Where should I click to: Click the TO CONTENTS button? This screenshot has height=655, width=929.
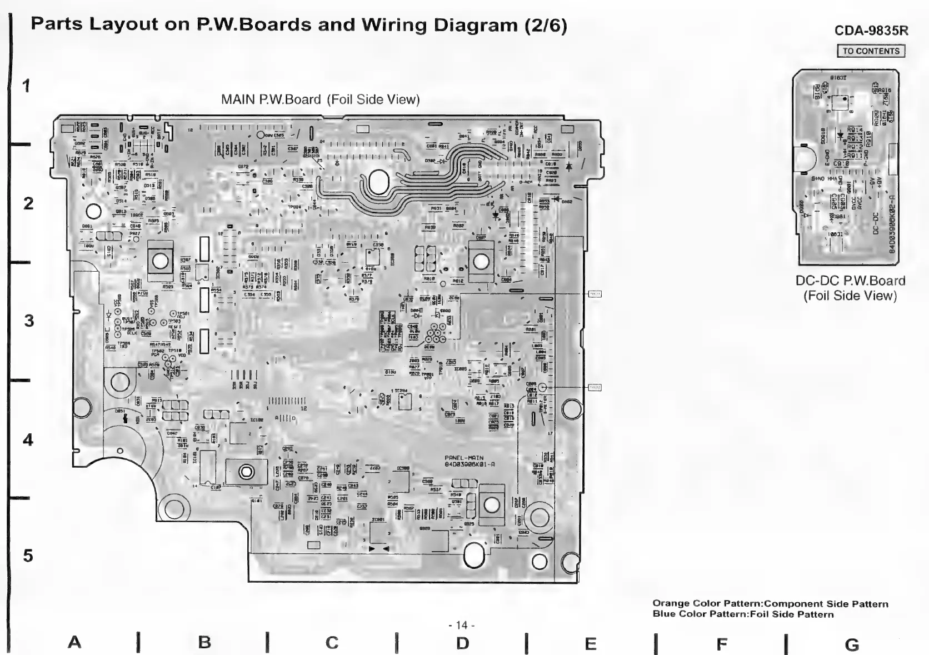871,51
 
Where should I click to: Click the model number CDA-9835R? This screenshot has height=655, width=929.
871,31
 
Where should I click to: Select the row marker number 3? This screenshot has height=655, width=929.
28,321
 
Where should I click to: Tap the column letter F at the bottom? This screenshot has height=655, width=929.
721,644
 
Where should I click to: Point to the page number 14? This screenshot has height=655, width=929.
461,625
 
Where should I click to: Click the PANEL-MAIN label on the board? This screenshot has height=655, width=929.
464,458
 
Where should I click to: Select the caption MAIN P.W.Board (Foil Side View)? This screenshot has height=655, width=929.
320,99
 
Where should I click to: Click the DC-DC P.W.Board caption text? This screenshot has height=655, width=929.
850,281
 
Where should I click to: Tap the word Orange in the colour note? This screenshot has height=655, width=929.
671,603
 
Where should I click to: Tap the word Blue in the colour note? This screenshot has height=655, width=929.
664,614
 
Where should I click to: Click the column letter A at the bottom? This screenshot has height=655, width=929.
74,642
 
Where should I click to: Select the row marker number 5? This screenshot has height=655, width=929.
28,556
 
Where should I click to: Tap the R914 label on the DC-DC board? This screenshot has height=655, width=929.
855,130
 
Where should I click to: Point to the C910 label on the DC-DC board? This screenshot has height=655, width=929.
841,164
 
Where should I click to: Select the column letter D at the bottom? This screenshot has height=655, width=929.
462,643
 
